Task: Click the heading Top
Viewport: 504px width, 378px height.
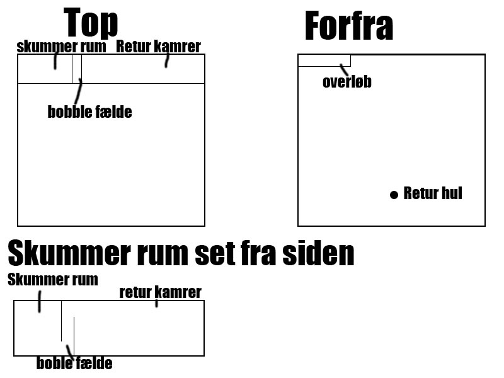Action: click(91, 23)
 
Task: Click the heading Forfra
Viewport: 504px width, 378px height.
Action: click(348, 26)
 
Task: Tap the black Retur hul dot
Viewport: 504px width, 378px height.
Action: click(394, 195)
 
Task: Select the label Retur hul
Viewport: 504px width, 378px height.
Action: click(433, 193)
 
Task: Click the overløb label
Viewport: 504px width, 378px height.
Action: click(346, 82)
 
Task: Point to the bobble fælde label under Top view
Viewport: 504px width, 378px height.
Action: click(89, 113)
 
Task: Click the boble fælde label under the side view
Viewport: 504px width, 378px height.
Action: click(74, 364)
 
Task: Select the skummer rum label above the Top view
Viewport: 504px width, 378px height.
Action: click(61, 47)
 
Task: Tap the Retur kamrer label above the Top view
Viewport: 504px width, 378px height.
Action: click(158, 47)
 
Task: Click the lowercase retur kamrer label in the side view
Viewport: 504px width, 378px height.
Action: click(160, 292)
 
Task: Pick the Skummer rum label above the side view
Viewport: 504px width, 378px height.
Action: click(53, 280)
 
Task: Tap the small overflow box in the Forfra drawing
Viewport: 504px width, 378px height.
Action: click(324, 60)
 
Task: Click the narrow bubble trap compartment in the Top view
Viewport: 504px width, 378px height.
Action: click(76, 69)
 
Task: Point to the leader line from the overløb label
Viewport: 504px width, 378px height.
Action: click(344, 69)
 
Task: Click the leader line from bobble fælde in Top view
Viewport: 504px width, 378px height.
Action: click(77, 93)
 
